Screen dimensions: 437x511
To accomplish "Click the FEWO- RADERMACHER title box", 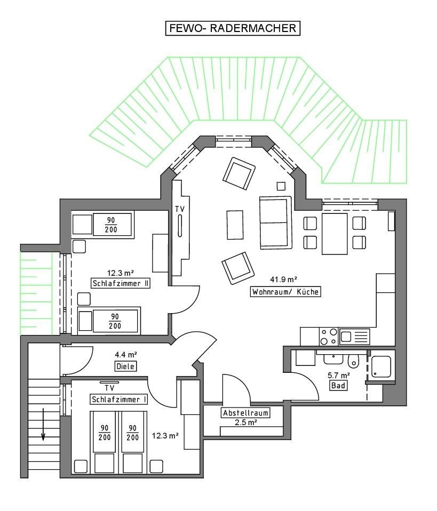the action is coord(233,28).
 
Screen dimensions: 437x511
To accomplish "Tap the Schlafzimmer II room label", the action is coord(121,283).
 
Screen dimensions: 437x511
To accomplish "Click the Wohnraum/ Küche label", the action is coord(285,291).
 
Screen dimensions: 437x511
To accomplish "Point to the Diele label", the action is coord(125,366).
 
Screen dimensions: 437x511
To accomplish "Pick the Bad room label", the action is coord(338,386).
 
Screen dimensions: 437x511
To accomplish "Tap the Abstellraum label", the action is coord(245,413).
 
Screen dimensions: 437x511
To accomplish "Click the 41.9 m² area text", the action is coord(283,280).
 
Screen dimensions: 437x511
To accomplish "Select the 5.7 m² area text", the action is coord(339,375).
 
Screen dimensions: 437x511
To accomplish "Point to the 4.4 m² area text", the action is coord(126,354).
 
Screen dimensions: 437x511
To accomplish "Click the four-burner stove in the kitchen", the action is coord(329,337).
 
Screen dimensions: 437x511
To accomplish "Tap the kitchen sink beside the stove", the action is coord(354,337).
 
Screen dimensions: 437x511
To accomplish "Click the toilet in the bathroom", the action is coord(353,361).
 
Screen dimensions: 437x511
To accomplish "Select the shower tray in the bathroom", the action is coord(381,367).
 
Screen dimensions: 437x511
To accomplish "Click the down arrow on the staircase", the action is coord(43,424).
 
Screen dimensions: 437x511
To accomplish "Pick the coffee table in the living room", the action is coord(235,225).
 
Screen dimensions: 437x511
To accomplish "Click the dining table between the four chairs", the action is coord(335,234).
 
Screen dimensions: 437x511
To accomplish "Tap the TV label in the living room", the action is coord(180,209).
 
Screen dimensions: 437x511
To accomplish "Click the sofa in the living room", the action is coord(275,223).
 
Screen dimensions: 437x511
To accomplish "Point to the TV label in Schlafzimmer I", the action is coord(109,388).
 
